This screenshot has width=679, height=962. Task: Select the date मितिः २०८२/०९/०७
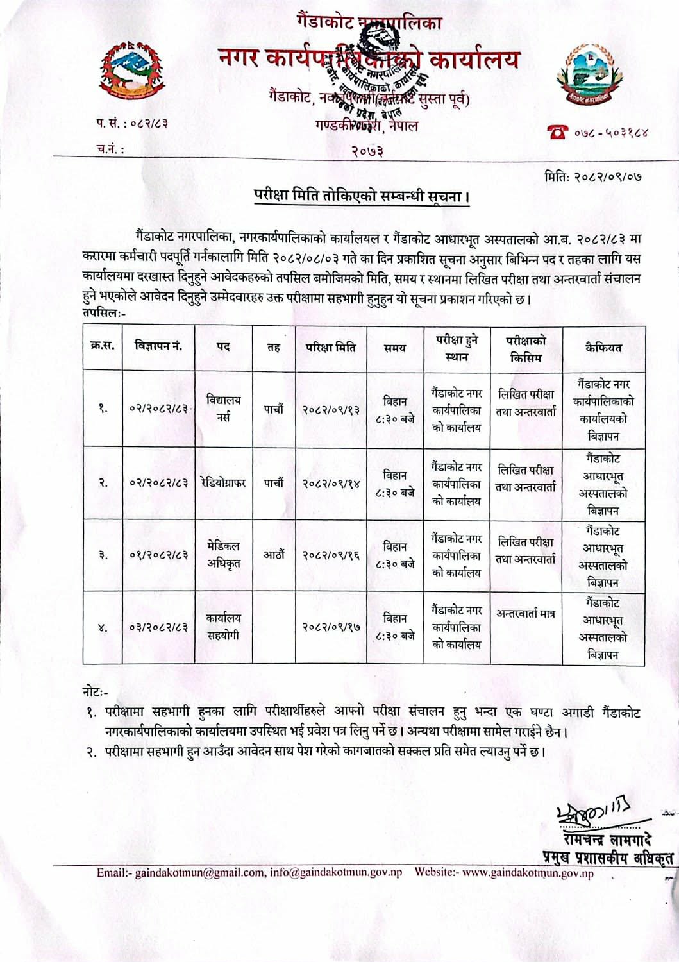point(592,174)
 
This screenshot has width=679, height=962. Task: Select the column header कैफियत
point(603,347)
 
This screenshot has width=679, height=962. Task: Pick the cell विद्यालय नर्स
point(224,409)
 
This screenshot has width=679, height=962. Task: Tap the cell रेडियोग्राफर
point(223,482)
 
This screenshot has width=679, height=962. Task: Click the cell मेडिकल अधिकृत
point(224,555)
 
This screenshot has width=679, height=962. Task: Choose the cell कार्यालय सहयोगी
point(224,627)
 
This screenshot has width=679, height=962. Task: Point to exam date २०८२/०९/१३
point(330,409)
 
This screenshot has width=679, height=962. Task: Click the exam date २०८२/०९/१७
point(330,627)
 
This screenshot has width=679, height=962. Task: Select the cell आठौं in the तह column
point(274,555)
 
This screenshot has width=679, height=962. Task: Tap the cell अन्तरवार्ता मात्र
point(526,613)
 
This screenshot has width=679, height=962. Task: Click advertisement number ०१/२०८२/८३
point(158,555)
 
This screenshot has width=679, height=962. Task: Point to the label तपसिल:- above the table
point(103,312)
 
